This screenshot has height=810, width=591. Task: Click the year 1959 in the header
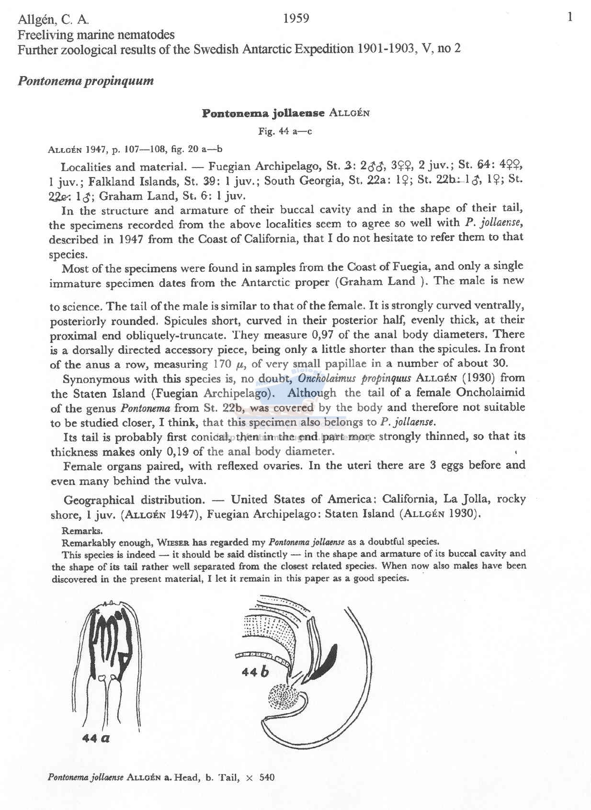pyautogui.click(x=296, y=19)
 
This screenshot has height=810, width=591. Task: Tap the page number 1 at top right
pyautogui.click(x=569, y=18)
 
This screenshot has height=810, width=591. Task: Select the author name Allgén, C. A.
pyautogui.click(x=53, y=20)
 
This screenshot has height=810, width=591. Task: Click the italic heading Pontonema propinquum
pyautogui.click(x=86, y=80)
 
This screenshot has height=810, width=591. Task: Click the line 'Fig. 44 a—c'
pyautogui.click(x=285, y=131)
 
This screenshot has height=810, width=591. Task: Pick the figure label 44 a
pyautogui.click(x=96, y=738)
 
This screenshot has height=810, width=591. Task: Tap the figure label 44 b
pyautogui.click(x=255, y=671)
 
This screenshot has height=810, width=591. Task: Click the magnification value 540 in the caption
pyautogui.click(x=267, y=777)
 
